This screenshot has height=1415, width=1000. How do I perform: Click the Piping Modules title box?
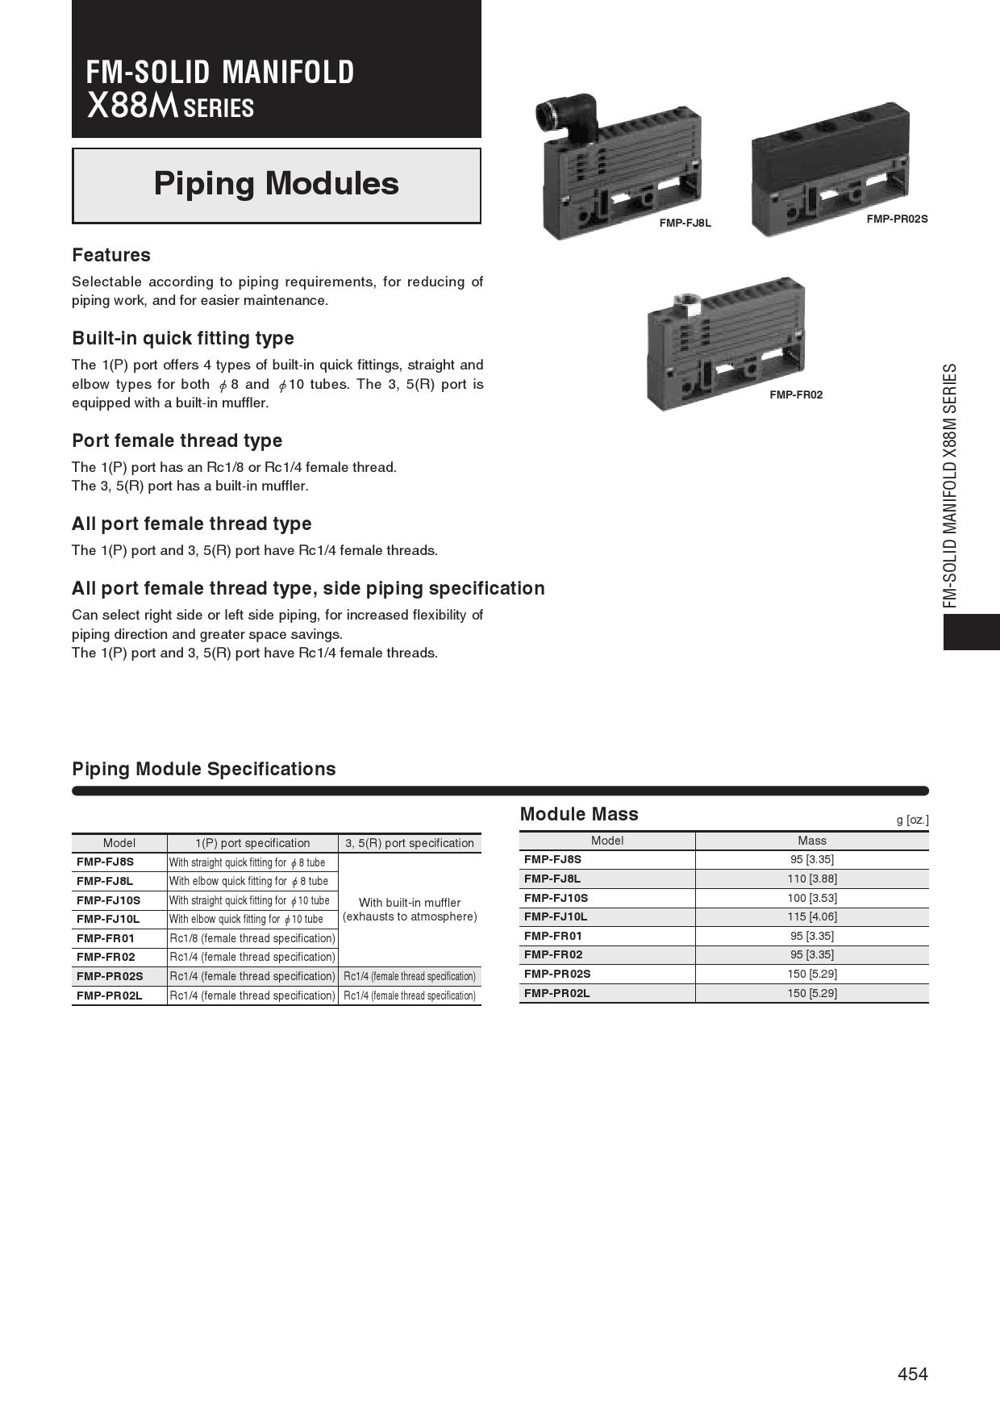pos(276,185)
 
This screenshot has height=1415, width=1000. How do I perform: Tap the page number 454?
pos(912,1374)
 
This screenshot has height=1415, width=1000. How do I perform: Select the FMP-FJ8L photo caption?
pos(685,223)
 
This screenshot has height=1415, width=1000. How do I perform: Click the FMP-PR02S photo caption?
pos(897,219)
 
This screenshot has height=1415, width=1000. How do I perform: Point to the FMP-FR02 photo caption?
pos(795,394)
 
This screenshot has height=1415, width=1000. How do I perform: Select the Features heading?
pos(111,255)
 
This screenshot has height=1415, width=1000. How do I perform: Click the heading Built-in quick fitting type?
pos(183,338)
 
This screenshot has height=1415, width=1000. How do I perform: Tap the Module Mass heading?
pos(579,814)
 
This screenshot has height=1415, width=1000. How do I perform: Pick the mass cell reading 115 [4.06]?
pos(811,916)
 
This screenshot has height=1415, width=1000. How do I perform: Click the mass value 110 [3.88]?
pos(811,879)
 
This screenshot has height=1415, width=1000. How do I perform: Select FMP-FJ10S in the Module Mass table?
pos(556,898)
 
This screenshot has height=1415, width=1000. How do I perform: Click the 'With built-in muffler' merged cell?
pos(410,909)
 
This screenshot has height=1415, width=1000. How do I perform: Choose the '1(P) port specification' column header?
pos(252,843)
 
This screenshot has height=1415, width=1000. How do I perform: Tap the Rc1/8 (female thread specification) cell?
pos(252,938)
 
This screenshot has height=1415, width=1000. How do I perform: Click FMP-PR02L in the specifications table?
pos(110,996)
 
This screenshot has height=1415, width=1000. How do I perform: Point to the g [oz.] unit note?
pos(912,820)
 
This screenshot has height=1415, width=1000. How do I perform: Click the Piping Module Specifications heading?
pos(204,769)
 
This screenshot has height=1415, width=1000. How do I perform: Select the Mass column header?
pos(811,841)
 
